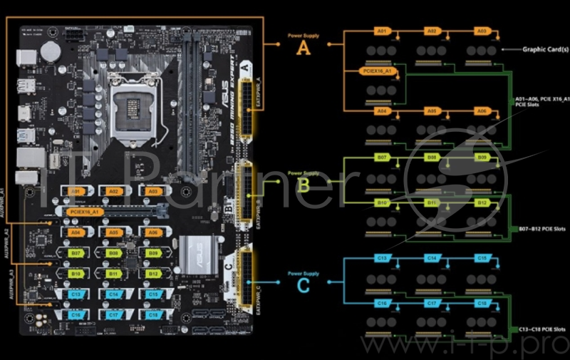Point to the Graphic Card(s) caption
545,49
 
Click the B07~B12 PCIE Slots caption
540,229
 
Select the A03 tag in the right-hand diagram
482,31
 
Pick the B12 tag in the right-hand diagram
482,203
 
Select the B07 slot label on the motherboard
77,252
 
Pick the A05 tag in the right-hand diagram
432,111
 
